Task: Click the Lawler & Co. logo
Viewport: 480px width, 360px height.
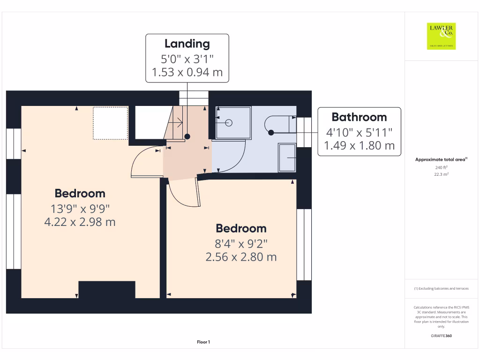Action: (442, 36)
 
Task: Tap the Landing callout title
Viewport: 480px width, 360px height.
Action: (187, 44)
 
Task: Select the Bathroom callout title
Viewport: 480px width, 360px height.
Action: (359, 117)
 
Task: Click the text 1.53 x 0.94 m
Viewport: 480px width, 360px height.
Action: (187, 73)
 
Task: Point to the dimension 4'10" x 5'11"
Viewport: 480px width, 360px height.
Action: (359, 132)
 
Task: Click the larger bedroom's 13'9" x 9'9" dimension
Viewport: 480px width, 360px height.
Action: (80, 208)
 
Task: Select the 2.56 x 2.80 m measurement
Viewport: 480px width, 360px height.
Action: (241, 257)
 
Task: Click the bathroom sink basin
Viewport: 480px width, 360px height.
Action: (287, 158)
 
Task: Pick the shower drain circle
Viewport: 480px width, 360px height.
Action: (229, 123)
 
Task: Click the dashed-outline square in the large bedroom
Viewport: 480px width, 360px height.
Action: (110, 123)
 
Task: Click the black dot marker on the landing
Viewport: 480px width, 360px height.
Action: (187, 136)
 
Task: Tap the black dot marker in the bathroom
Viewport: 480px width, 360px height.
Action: (271, 133)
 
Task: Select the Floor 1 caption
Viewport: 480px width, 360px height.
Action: (203, 342)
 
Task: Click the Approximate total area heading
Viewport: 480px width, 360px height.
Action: (441, 160)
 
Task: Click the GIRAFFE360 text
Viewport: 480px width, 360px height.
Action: (441, 336)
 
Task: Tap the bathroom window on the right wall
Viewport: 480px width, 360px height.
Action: (303, 132)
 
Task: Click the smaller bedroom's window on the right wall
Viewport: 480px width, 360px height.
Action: (304, 245)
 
